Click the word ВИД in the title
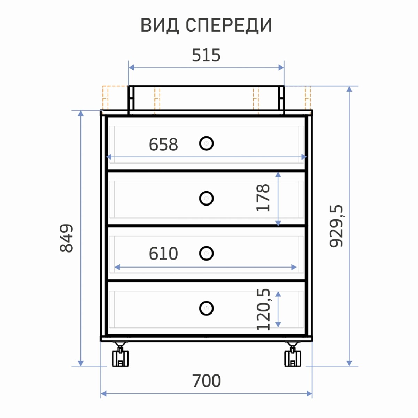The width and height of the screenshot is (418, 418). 160,25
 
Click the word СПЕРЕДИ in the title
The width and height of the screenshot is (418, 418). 229,25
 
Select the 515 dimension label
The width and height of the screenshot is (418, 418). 206,55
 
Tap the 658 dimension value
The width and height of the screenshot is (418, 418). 163,145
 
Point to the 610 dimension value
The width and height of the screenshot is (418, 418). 163,254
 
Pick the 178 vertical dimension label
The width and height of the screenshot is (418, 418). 263,198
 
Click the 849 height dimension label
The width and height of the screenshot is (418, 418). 67,238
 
